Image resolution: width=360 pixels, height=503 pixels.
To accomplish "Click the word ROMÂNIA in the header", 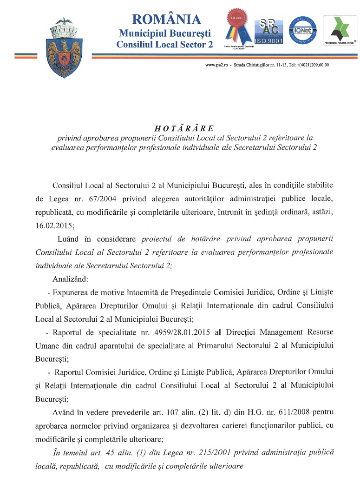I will (166, 19).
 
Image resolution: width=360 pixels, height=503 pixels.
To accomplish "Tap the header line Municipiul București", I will (165, 33).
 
